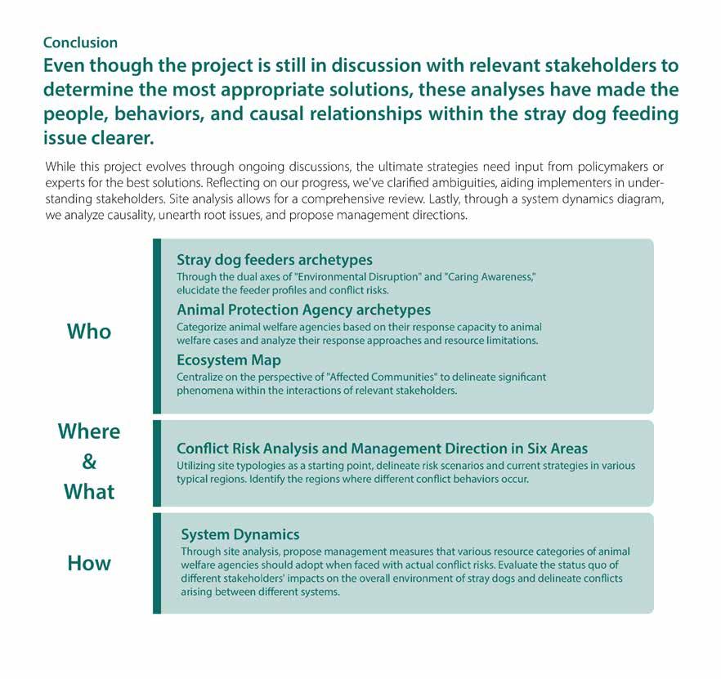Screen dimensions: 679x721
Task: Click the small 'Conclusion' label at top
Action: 80,42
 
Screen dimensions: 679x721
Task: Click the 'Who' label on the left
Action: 88,332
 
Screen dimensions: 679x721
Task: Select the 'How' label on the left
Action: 88,563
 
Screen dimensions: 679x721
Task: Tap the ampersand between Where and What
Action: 89,462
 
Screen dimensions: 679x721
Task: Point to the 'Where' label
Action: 88,431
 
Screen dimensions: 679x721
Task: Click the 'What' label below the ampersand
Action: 88,492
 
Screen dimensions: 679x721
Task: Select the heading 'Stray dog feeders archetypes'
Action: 274,260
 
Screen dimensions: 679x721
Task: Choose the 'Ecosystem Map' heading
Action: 228,360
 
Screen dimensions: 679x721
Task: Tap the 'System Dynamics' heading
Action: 240,534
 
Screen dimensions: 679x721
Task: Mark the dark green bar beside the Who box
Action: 157,326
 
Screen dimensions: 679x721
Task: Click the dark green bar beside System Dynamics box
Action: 157,563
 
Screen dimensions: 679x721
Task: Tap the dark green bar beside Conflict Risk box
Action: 157,463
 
